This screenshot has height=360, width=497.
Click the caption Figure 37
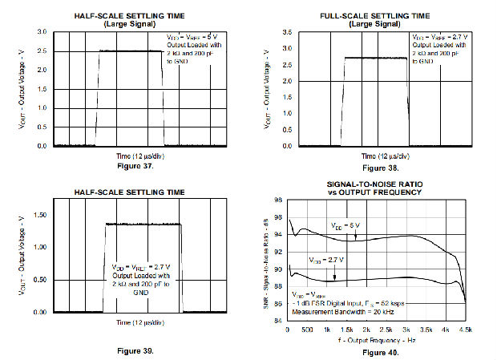pos(130,168)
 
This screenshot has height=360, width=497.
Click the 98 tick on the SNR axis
pos(278,200)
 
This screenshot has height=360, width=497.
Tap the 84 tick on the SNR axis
pos(278,321)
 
